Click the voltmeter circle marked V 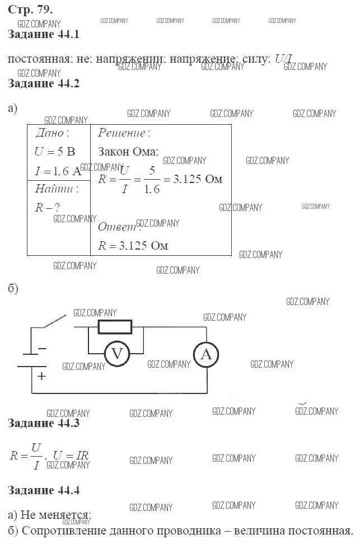[117, 354]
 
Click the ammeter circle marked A [206, 354]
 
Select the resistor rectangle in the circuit [115, 326]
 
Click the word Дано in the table [52, 133]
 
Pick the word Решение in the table [123, 133]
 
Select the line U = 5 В [54, 152]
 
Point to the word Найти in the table [56, 188]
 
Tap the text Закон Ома [128, 152]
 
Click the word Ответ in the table [118, 227]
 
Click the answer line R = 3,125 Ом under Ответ [133, 245]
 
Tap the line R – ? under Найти [47, 207]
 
